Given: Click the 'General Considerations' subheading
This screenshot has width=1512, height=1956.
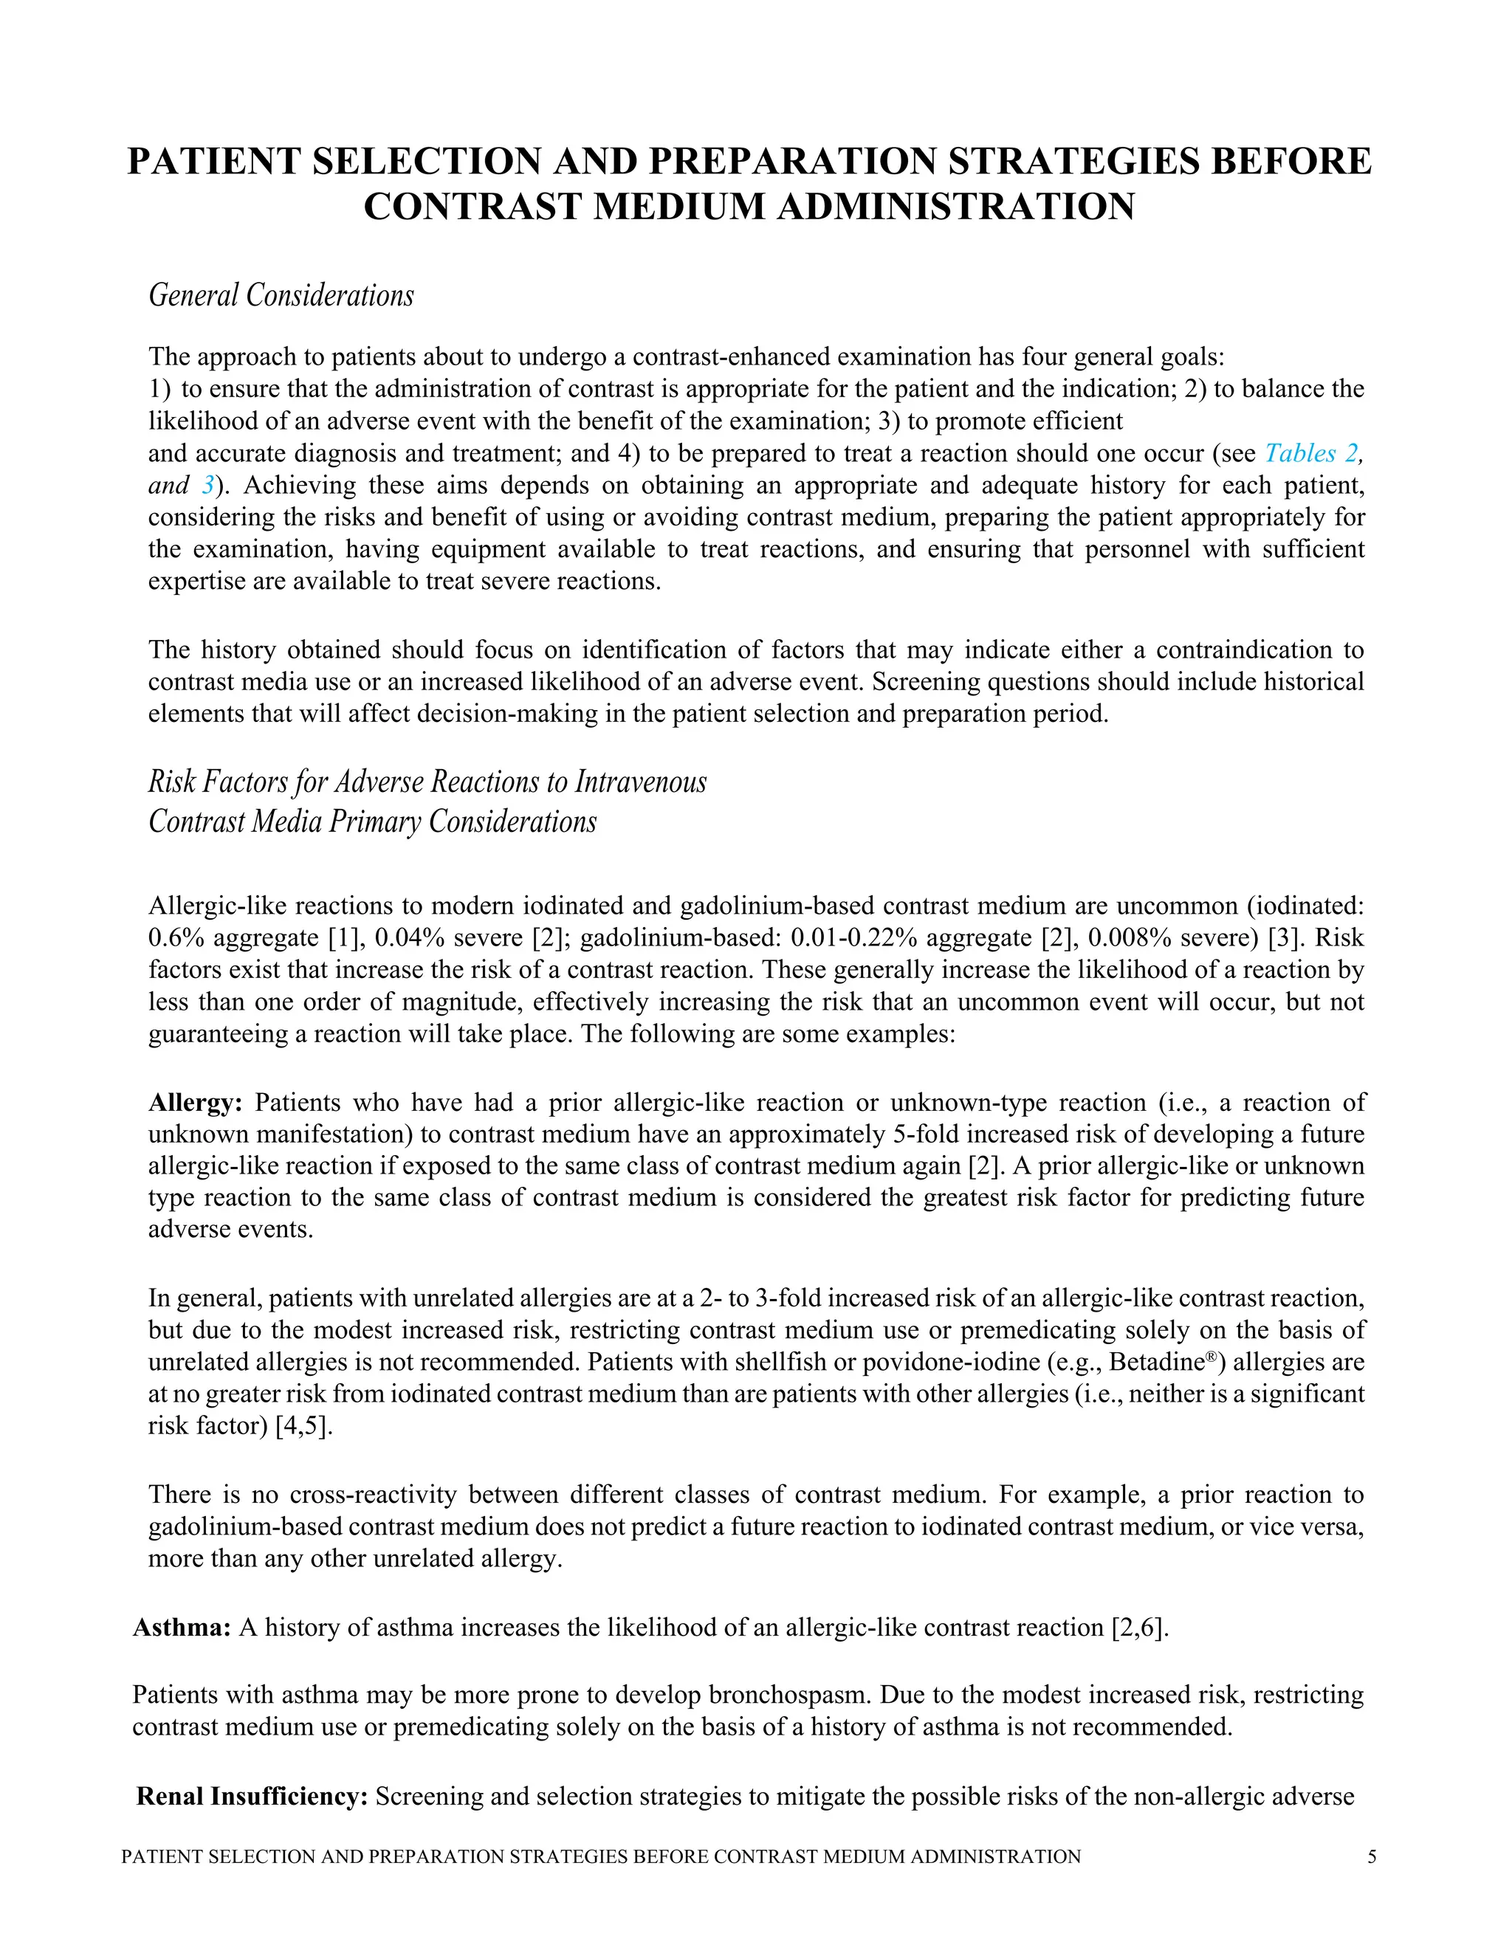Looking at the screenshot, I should pyautogui.click(x=281, y=295).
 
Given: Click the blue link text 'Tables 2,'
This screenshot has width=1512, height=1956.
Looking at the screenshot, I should pyautogui.click(x=1313, y=453).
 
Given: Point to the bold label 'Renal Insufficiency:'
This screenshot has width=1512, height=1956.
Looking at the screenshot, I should pyautogui.click(x=252, y=1797).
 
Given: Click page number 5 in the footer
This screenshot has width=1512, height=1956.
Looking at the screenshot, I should pyautogui.click(x=1372, y=1856).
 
